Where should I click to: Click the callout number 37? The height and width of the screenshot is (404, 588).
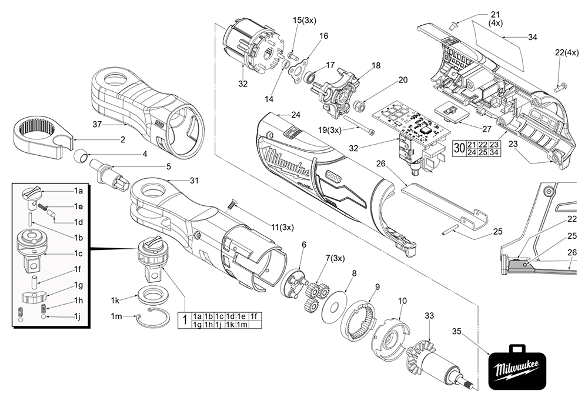(x=98, y=124)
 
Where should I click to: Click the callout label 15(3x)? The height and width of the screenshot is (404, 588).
(x=305, y=21)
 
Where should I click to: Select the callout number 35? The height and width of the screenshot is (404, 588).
(x=457, y=331)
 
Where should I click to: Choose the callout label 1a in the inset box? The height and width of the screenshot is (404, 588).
(x=78, y=192)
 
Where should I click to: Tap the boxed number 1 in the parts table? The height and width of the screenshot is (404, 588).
(x=184, y=321)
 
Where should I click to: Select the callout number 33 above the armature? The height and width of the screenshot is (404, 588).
(x=429, y=316)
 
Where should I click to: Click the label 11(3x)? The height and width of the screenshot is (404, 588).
(x=282, y=227)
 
